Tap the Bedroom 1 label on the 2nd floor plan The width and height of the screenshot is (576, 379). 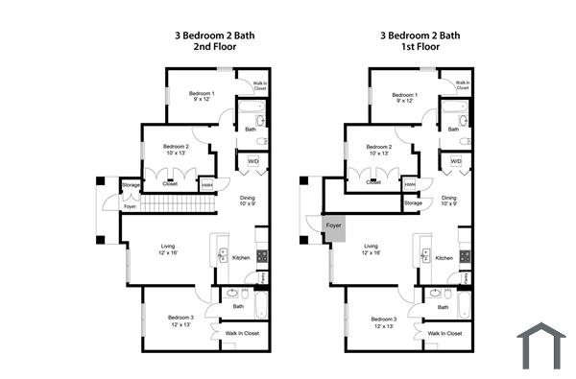201,97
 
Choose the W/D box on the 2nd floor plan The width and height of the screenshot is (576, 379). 253,161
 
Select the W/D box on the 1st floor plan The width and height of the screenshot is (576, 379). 456,161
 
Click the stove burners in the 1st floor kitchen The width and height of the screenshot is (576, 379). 465,256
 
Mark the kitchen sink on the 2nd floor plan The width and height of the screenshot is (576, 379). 223,255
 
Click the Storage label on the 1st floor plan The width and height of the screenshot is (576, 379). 413,202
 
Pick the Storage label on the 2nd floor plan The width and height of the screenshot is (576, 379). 131,184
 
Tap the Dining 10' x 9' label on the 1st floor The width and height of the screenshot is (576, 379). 450,201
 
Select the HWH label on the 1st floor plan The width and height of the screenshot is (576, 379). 410,183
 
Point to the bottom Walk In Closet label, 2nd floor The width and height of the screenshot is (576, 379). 242,333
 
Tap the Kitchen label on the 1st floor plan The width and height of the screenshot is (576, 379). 444,258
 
